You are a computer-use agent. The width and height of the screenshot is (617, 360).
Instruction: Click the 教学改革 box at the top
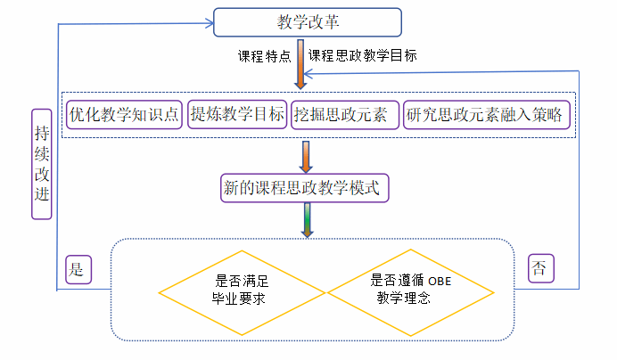pos(308,22)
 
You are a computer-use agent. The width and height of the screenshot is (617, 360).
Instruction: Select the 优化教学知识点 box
pos(125,114)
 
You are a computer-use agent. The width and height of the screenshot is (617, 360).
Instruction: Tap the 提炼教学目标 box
pos(237,114)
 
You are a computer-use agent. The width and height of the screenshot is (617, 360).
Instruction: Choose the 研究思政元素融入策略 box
pos(486,114)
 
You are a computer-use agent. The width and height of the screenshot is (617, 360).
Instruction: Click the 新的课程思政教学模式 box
pos(306,188)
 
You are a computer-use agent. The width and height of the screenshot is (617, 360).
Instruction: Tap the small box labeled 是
pos(77,269)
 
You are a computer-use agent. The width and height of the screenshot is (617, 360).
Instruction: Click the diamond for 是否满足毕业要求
pos(243,290)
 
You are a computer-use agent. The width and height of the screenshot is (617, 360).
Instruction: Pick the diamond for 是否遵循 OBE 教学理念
pos(411,290)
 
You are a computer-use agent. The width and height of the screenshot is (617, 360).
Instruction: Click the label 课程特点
pos(264,56)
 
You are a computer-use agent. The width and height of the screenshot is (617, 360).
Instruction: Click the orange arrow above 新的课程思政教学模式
pos(306,156)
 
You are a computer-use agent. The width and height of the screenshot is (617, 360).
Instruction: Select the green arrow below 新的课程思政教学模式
pos(306,219)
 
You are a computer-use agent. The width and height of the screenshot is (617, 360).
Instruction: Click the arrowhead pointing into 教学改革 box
pos(207,23)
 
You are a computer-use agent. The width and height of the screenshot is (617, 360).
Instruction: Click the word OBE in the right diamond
pos(441,282)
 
